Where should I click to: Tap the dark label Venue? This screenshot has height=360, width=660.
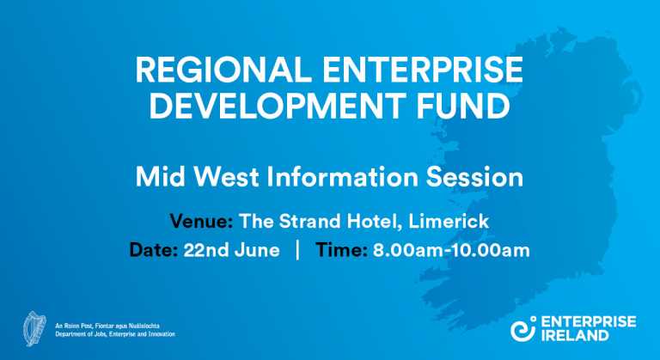click(x=201, y=221)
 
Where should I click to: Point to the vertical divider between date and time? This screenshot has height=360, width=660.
click(x=297, y=250)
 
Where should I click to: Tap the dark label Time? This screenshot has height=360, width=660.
click(x=342, y=250)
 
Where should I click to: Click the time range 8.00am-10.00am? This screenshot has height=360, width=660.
click(x=451, y=250)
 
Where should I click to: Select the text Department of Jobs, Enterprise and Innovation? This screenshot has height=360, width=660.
click(x=114, y=334)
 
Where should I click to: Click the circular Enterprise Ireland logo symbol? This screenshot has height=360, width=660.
click(x=523, y=328)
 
